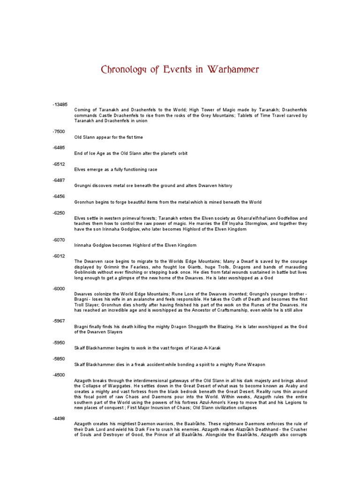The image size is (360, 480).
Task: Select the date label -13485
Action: coord(60,105)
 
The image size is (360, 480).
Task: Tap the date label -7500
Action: coord(59,132)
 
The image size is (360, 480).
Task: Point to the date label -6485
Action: coord(59,148)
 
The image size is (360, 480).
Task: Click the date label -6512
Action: coord(59,164)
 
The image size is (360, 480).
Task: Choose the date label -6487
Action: coord(59,180)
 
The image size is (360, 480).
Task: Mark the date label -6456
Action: coord(59,196)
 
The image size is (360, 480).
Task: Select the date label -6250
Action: coord(59,213)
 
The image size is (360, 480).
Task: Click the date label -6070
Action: coord(59,240)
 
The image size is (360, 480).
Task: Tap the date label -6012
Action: coord(59,256)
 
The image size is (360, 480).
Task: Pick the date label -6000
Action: coord(59,289)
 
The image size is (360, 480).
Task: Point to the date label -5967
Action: coord(59,321)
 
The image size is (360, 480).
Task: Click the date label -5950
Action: coord(59,343)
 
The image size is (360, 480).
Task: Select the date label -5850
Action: coord(59,359)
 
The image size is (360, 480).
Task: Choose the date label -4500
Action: coord(59,375)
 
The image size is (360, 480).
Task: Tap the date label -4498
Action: coord(59,419)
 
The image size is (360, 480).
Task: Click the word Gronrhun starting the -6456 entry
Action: coord(84,202)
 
